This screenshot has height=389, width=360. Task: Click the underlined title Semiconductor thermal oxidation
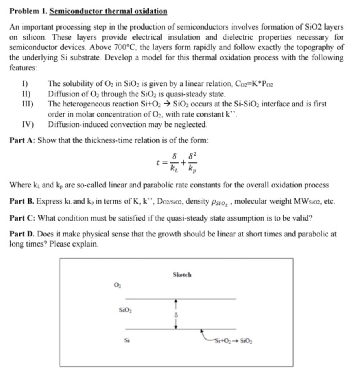(108, 11)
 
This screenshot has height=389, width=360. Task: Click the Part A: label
(23, 140)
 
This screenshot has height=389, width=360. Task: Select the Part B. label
(22, 201)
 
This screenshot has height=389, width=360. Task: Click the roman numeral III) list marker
(28, 104)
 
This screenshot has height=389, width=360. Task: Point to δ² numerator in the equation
(193, 156)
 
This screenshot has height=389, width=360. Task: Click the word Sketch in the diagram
(182, 275)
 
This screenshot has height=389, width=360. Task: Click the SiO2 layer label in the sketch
(124, 310)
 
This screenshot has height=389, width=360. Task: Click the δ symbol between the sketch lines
(176, 315)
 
